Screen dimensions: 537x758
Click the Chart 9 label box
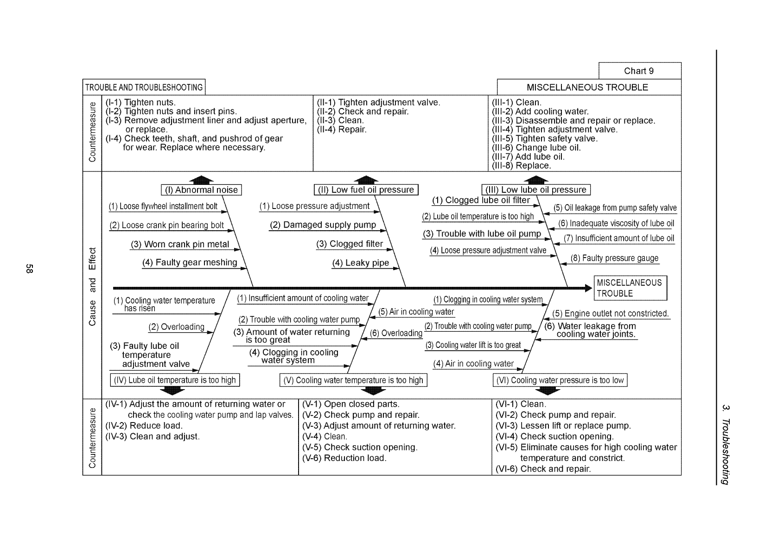click(x=639, y=71)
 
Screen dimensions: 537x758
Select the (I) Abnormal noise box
click(x=202, y=190)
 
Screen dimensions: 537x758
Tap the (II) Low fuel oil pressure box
click(x=366, y=190)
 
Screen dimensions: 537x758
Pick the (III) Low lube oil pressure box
click(x=536, y=190)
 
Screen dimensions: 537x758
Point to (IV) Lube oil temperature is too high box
click(x=175, y=380)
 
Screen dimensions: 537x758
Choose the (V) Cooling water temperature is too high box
click(x=353, y=380)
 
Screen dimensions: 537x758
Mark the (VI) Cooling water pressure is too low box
click(x=560, y=380)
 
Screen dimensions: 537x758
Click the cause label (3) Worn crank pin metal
click(x=180, y=244)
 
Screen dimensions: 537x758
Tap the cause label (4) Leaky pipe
click(x=360, y=263)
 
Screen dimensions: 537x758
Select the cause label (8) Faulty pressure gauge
click(x=614, y=259)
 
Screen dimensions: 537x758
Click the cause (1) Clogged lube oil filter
click(x=481, y=200)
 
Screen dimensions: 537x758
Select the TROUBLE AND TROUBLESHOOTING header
click(x=144, y=87)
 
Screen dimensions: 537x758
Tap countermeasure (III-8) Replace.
click(x=521, y=165)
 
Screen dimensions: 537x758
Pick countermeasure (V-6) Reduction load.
click(x=344, y=458)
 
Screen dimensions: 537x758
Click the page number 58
click(x=29, y=269)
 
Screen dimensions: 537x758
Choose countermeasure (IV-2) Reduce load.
click(x=144, y=425)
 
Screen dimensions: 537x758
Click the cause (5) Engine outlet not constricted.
click(x=610, y=314)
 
